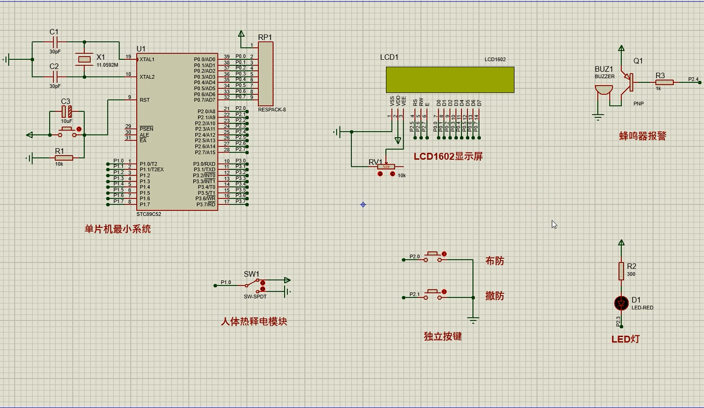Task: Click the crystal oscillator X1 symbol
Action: (x=84, y=59)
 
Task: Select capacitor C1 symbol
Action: (x=54, y=42)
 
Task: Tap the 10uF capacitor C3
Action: (x=67, y=112)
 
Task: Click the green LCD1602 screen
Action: (x=450, y=79)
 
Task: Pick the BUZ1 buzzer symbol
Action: (x=604, y=89)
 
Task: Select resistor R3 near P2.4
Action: (x=664, y=82)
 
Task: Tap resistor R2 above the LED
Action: (x=621, y=270)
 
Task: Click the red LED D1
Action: (x=621, y=303)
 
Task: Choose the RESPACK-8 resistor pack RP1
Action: (x=265, y=74)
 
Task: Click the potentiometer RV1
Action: (x=386, y=166)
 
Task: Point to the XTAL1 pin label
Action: (x=147, y=60)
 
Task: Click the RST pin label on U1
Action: (x=144, y=100)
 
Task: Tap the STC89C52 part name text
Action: (x=149, y=214)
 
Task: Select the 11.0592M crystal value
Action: (x=107, y=65)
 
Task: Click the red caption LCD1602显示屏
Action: (x=448, y=156)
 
